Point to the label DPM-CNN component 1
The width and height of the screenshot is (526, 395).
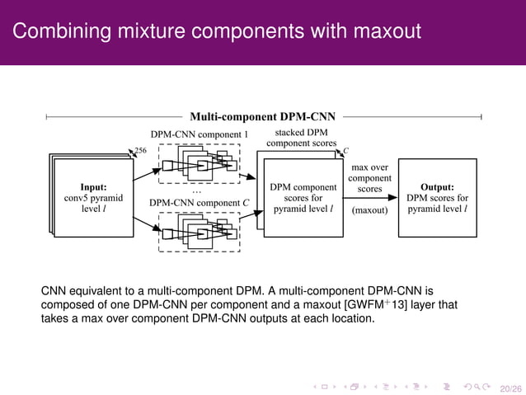coord(199,134)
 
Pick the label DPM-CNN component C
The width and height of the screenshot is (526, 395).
coord(199,202)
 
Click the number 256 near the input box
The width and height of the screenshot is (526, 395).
coord(140,151)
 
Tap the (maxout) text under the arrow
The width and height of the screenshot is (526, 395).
coord(369,210)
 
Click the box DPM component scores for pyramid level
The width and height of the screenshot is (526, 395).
coord(302,198)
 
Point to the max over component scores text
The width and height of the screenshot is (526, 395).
coord(369,178)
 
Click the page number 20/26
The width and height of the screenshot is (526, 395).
coord(510,385)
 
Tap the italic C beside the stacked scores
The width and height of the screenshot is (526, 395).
coord(345,151)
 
